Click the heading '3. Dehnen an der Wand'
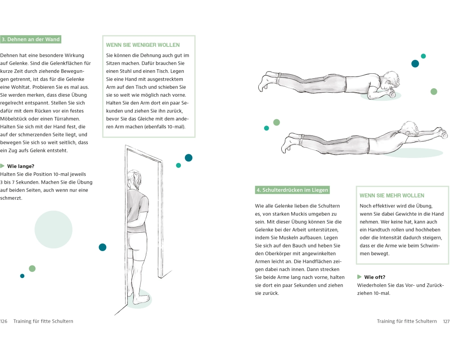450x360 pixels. coord(31,39)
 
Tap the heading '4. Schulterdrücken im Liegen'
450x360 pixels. coord(292,190)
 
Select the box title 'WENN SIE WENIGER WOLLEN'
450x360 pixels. coord(143,45)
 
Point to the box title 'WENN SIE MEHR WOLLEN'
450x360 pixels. coord(392,195)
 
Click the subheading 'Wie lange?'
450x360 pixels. coord(21,166)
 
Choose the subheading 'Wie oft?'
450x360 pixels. coord(374,277)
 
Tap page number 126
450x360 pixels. coord(4,321)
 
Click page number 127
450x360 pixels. coord(446,321)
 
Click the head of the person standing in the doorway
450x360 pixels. coord(134,180)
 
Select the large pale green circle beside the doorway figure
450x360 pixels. coord(54,229)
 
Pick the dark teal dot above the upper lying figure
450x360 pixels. coord(415,64)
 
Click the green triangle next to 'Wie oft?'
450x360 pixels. coord(359,277)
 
